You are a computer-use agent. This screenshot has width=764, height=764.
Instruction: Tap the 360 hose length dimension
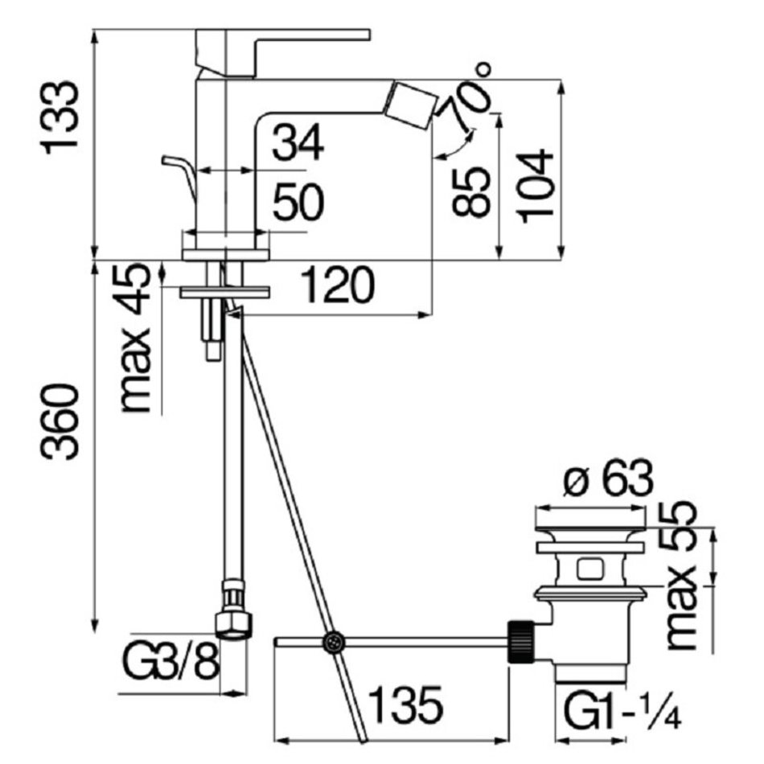[60, 422]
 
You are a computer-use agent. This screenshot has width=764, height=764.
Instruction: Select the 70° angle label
[466, 96]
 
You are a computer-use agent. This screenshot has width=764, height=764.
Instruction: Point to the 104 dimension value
[536, 187]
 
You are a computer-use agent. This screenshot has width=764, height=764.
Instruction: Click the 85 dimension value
[470, 191]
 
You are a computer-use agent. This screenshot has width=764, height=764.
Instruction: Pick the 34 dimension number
[298, 142]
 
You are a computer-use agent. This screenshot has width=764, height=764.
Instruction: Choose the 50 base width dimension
[298, 201]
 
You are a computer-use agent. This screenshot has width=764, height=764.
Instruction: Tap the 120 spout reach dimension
[337, 285]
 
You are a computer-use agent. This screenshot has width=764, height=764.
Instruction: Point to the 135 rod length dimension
[405, 704]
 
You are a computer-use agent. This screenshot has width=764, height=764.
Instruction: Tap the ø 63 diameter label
[608, 479]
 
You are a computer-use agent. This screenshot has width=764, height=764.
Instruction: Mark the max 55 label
[680, 576]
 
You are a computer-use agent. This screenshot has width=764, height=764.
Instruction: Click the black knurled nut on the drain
[520, 642]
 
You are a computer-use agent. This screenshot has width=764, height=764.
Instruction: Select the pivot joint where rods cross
[333, 642]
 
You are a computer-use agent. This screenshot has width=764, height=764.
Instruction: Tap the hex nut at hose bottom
[234, 625]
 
